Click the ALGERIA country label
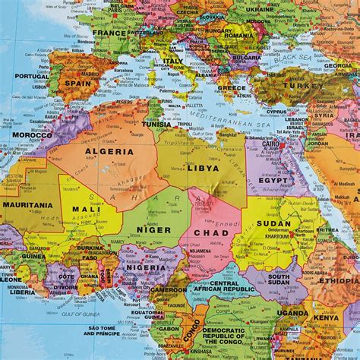(x=103, y=151)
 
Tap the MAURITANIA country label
(x=27, y=204)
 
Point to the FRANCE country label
(x=111, y=33)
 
